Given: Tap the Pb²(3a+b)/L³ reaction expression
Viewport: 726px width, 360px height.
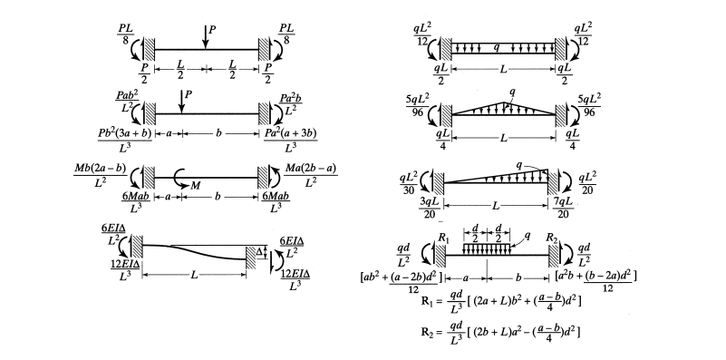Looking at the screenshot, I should pos(115,140).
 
